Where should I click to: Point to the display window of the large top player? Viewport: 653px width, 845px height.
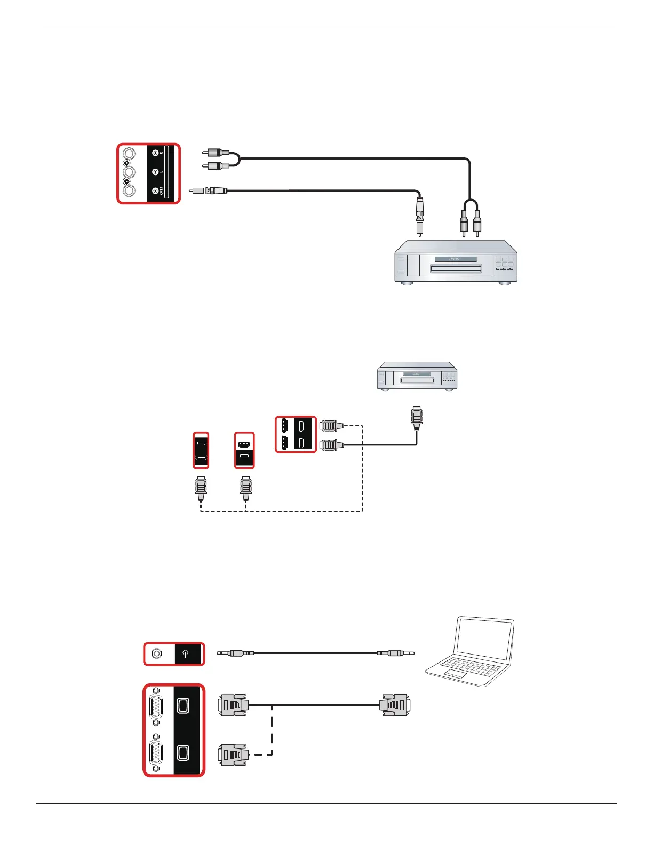coord(455,259)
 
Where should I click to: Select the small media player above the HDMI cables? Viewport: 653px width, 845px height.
coord(417,376)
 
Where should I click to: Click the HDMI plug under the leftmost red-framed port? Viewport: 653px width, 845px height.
coord(201,487)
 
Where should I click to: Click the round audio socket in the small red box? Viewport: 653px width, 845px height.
coord(157,653)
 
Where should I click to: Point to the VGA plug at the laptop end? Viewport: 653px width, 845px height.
coord(394,705)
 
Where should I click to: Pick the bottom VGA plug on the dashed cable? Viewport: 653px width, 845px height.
coord(233,754)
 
